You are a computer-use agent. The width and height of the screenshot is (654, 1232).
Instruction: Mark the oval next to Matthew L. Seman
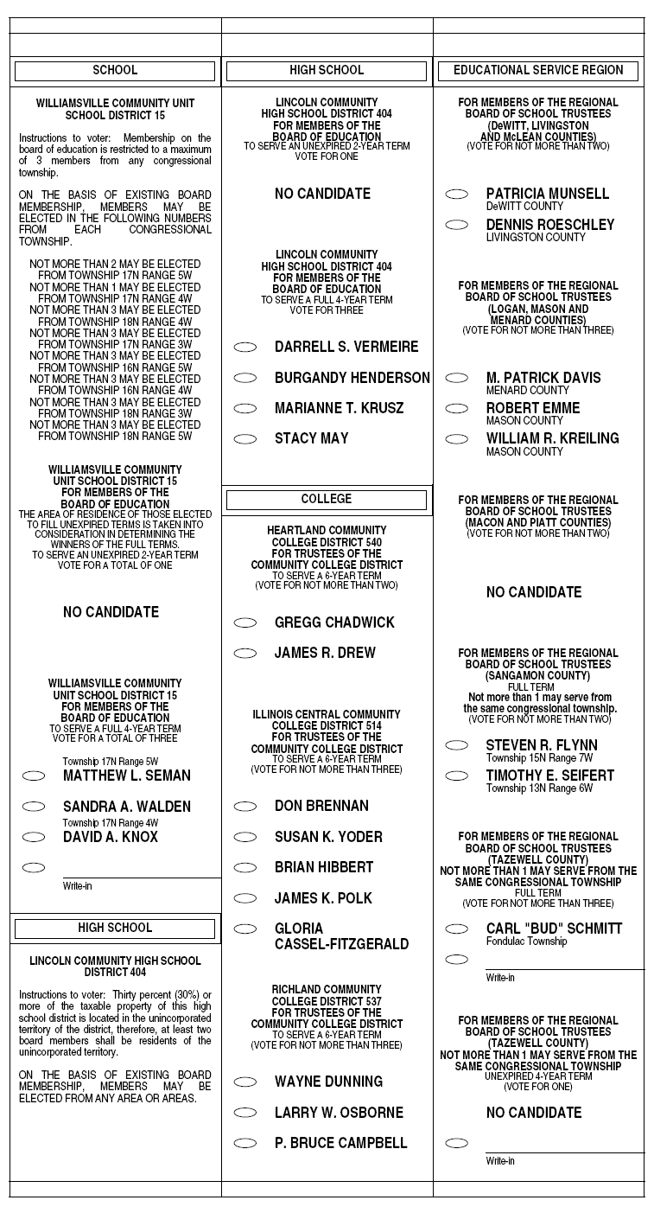pyautogui.click(x=34, y=776)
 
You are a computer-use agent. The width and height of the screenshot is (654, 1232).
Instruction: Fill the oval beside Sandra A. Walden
pyautogui.click(x=34, y=807)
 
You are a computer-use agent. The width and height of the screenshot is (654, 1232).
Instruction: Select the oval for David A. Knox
pyautogui.click(x=34, y=837)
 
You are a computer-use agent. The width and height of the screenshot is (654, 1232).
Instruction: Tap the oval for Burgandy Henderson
pyautogui.click(x=245, y=378)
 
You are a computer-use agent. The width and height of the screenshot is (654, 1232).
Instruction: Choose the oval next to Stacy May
pyautogui.click(x=245, y=439)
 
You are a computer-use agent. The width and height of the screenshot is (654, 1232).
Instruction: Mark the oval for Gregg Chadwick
pyautogui.click(x=245, y=622)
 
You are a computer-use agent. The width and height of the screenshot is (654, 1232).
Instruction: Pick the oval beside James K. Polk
pyautogui.click(x=245, y=898)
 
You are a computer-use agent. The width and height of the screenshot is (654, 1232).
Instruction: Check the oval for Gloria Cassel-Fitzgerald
pyautogui.click(x=245, y=929)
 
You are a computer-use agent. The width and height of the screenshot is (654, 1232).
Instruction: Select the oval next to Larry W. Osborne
pyautogui.click(x=245, y=1113)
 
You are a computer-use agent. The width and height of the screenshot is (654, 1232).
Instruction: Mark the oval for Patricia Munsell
pyautogui.click(x=457, y=195)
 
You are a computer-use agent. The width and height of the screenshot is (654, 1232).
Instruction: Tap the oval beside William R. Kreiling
pyautogui.click(x=457, y=439)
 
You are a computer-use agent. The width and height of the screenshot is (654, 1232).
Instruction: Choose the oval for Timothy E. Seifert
pyautogui.click(x=457, y=776)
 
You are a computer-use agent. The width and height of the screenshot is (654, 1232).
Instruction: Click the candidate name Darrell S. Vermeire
pyautogui.click(x=346, y=347)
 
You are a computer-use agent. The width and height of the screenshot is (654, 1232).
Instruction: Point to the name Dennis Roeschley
pyautogui.click(x=549, y=225)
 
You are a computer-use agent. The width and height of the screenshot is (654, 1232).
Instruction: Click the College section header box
pyautogui.click(x=327, y=500)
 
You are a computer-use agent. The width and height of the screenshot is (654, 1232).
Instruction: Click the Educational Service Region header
pyautogui.click(x=538, y=71)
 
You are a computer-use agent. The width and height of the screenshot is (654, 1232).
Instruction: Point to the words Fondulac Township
pyautogui.click(x=526, y=942)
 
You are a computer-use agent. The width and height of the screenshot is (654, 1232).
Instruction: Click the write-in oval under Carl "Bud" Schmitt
pyautogui.click(x=457, y=960)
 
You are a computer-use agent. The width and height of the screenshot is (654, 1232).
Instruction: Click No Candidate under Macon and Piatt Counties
pyautogui.click(x=534, y=592)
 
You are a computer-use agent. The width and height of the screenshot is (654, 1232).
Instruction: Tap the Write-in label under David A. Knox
pyautogui.click(x=76, y=886)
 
